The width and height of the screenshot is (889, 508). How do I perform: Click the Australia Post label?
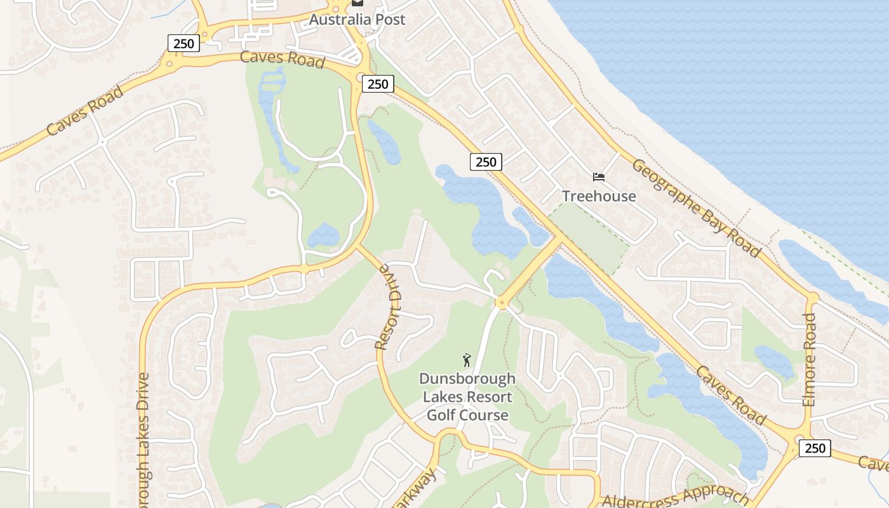357,20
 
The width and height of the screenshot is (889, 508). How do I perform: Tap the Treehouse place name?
599,196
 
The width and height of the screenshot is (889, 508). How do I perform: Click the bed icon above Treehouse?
599,177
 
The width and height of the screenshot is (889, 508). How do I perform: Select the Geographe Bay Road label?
696,208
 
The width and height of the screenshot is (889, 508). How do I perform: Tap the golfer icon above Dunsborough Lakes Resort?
467,360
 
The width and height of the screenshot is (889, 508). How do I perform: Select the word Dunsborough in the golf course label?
467,379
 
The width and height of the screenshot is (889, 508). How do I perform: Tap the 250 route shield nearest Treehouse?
486,162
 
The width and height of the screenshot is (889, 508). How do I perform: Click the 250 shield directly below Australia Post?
378,84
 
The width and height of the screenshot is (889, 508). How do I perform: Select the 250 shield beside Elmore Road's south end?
814,448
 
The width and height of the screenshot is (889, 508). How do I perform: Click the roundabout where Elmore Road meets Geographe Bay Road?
812,297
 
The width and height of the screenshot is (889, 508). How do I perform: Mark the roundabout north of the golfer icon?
501,304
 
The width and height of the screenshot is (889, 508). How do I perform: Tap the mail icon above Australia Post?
357,3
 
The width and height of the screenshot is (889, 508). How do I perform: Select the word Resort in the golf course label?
490,398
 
